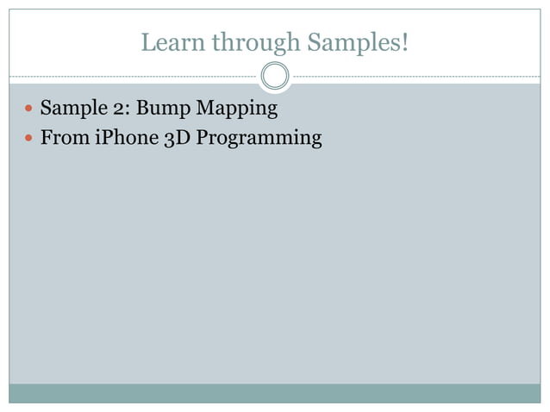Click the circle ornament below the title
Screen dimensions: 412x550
[x=275, y=76]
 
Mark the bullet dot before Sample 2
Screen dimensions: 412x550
[x=29, y=110]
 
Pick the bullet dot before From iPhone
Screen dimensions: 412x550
[x=29, y=138]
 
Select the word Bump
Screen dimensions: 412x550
[x=160, y=110]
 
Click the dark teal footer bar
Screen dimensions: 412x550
[x=275, y=393]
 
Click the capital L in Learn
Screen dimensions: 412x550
[x=147, y=41]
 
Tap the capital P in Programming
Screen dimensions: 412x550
[x=203, y=137]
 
